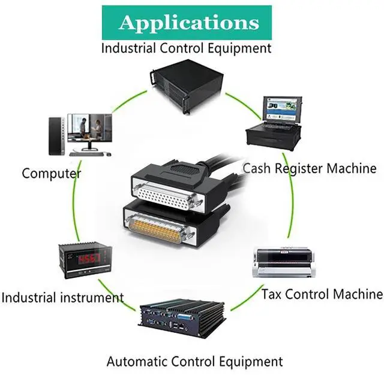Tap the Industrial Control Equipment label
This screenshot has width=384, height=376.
[186, 48]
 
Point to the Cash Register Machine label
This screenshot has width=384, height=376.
[309, 168]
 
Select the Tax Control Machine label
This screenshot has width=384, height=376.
[322, 294]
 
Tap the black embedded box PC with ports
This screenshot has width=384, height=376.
[182, 316]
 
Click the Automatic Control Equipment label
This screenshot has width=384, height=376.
[194, 361]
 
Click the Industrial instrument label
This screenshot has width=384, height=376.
[62, 296]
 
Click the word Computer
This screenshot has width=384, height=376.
[52, 174]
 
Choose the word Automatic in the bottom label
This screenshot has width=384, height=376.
[137, 361]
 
